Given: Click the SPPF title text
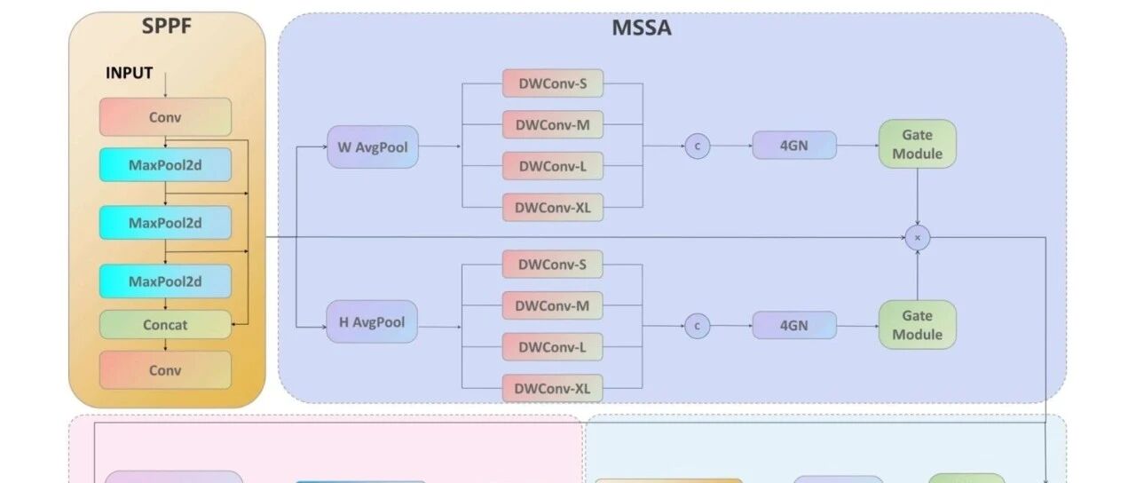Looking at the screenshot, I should click(x=167, y=26).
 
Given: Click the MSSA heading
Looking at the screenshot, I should click(x=641, y=28).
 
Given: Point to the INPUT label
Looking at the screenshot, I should click(x=130, y=73).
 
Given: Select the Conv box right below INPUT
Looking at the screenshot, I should click(x=165, y=116).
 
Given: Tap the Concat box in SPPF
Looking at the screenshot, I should click(x=165, y=325).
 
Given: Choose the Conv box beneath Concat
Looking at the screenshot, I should click(x=165, y=369).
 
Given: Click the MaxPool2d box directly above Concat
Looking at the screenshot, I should click(x=165, y=281).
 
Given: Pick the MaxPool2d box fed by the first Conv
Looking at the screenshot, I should click(x=165, y=164).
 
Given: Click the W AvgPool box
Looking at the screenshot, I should click(x=373, y=146).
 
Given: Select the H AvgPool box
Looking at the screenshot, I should click(x=372, y=322).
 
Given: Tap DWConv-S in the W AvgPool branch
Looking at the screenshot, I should click(x=553, y=84).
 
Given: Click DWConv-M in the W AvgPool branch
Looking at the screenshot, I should click(x=553, y=125).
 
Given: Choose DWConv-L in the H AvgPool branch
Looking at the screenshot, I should click(x=553, y=346).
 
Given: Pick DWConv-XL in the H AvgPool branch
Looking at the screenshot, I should click(x=553, y=388).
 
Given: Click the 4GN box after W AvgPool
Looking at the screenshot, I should click(x=794, y=145).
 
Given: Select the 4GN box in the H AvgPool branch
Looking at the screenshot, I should click(x=794, y=325).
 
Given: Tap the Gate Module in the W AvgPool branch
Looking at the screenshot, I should click(x=918, y=144).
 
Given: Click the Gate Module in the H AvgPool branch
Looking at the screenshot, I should click(x=918, y=325).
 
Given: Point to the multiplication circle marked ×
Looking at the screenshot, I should click(x=917, y=237).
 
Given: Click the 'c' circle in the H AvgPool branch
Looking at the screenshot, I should click(x=698, y=326).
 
